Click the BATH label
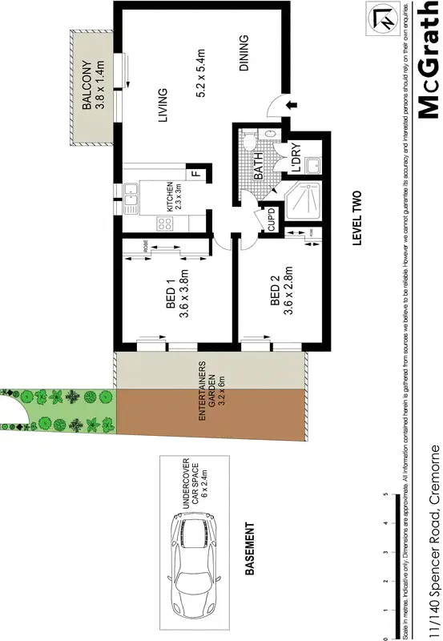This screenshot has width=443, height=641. tap(259, 168)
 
